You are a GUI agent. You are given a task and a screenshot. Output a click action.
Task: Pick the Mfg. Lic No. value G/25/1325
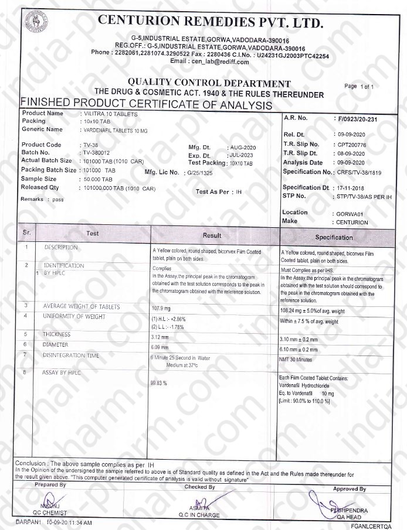(x=200, y=173)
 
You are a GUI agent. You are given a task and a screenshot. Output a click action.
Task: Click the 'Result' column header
(x=212, y=235)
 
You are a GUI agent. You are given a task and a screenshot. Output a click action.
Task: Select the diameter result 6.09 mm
(x=161, y=347)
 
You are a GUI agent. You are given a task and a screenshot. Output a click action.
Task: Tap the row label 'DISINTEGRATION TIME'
(x=71, y=355)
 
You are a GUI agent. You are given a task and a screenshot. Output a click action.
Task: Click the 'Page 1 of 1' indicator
(x=359, y=87)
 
